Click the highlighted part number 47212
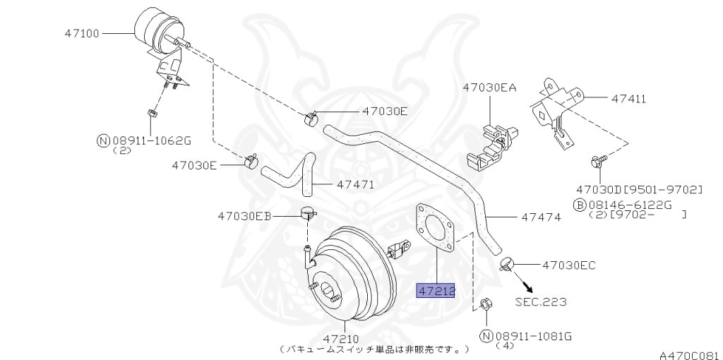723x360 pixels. click(x=436, y=291)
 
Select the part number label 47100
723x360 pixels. click(x=83, y=33)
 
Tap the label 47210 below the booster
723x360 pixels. click(x=345, y=338)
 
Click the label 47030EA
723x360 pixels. click(x=489, y=88)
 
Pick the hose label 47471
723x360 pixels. click(x=355, y=184)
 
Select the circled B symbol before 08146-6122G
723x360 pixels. click(x=579, y=205)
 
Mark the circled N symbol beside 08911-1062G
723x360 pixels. click(x=102, y=140)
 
